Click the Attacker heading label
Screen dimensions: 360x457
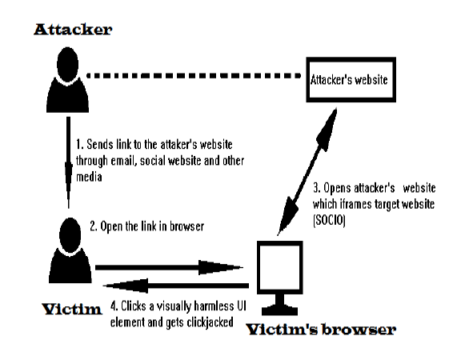[x=73, y=30]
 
